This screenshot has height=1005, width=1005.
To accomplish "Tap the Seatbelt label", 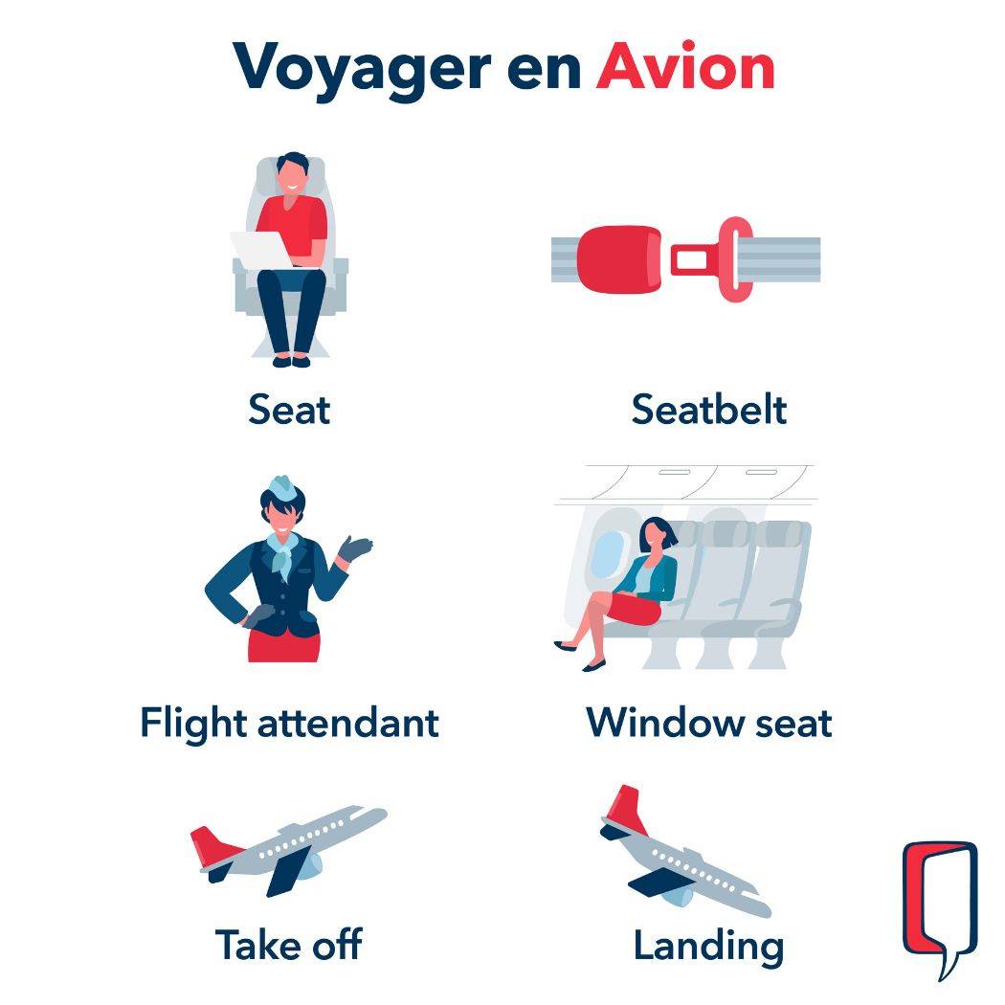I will tap(709, 410).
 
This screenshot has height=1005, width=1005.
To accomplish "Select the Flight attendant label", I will tap(289, 722).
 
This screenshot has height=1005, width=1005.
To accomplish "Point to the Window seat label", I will tap(709, 722).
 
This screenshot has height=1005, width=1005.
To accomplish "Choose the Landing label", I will tap(709, 946).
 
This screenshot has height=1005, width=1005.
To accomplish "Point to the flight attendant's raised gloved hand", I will tap(356, 548).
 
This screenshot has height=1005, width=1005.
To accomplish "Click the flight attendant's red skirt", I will tap(283, 644).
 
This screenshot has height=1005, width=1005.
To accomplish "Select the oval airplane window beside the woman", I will tap(605, 555).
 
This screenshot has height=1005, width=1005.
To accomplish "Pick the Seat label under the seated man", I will tap(289, 410).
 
